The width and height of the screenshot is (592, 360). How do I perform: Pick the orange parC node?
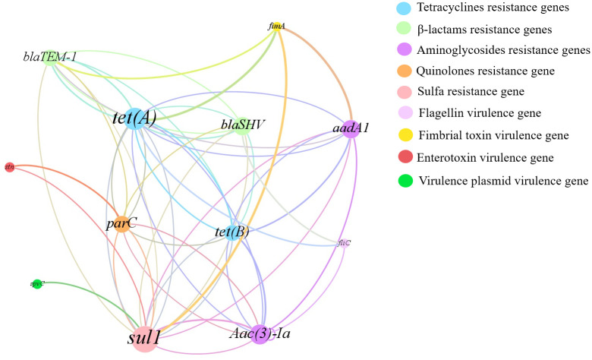[121, 224]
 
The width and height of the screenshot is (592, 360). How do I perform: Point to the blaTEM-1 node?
[50, 58]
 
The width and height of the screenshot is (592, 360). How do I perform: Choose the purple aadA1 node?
[349, 127]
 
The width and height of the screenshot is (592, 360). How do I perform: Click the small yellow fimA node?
[277, 27]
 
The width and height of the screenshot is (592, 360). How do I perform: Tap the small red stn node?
[10, 166]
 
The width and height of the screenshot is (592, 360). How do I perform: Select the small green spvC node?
[37, 284]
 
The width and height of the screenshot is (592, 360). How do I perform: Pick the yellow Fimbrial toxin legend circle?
[405, 137]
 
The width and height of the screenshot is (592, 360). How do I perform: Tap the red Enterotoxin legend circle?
[405, 158]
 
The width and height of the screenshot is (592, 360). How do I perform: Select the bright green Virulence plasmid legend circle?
[405, 181]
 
